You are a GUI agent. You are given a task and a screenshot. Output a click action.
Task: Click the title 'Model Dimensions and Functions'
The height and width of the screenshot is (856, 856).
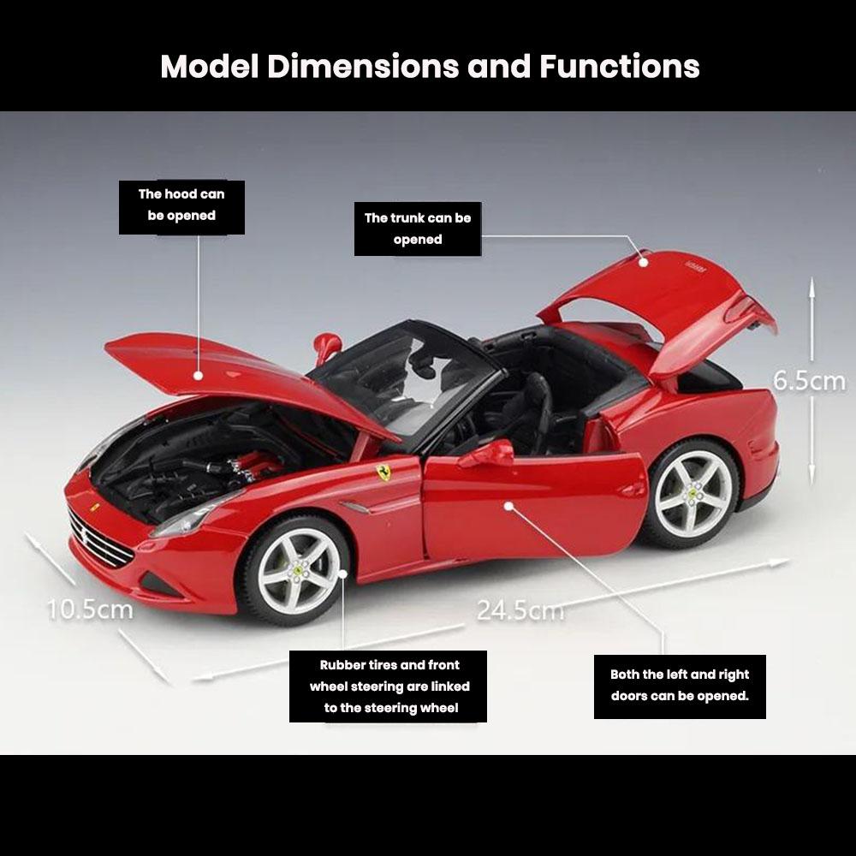pos(430,66)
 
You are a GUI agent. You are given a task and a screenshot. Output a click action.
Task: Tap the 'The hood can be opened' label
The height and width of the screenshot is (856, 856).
pos(181,205)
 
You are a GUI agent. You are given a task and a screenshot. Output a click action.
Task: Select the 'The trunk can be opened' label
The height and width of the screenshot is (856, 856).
pos(418,229)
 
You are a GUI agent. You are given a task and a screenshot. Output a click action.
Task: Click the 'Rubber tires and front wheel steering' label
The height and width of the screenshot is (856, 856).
pos(389,686)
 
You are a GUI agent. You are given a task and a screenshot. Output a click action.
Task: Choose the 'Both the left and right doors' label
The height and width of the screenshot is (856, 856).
pos(680,685)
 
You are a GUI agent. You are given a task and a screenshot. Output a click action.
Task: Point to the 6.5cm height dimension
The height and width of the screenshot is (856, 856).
pos(809,381)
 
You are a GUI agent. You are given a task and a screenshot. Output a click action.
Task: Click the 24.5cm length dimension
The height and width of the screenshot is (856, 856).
pos(520,610)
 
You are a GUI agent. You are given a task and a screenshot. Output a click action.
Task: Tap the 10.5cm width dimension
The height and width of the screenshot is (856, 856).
pos(90,609)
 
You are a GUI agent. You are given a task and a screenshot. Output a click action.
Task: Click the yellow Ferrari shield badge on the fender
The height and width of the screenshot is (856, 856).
pos(384,472)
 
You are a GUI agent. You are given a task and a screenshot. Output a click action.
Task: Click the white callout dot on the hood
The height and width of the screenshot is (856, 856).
pos(199,374)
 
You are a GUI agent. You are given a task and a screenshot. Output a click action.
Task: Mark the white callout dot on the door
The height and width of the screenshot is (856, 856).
pos(508,506)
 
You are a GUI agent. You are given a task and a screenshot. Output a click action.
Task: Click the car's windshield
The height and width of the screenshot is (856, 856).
pos(407,377)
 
